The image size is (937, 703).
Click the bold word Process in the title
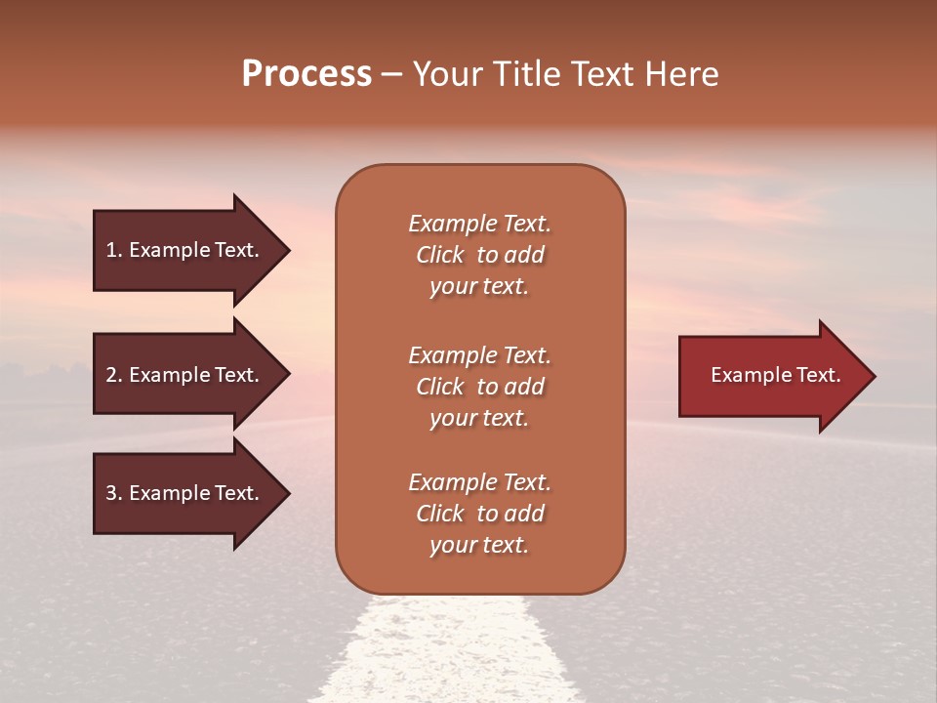pos(306,74)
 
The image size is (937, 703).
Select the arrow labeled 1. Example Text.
pos(185,250)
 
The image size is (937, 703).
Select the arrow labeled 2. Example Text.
pos(185,375)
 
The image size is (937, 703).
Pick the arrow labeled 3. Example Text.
pos(185,493)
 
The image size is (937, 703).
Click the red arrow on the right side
pos(771,376)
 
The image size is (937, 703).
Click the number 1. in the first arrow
pos(113,250)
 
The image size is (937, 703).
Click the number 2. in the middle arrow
pos(113,375)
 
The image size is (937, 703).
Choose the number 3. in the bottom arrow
pos(113,493)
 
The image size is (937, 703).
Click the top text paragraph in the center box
pos(479,255)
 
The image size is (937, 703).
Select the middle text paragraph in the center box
pos(479,387)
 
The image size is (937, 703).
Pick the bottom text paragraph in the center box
pos(479,514)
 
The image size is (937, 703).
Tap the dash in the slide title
pos(391,75)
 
